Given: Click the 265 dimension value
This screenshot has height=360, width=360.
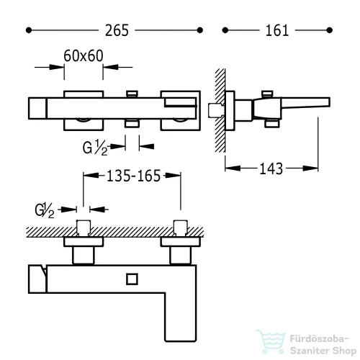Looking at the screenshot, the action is click(x=117, y=30).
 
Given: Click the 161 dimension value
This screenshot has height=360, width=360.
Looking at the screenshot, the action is click(x=277, y=30).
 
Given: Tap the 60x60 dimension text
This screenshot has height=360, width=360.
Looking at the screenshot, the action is click(x=84, y=55).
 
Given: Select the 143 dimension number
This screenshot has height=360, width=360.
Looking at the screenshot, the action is click(x=271, y=168).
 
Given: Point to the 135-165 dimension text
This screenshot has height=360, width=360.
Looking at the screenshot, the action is click(x=133, y=176).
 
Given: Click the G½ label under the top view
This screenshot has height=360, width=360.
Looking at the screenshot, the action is click(x=95, y=147).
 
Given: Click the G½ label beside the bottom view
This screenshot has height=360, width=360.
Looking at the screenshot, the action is click(x=45, y=210).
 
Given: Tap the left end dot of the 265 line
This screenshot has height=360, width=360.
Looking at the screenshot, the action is click(x=29, y=30).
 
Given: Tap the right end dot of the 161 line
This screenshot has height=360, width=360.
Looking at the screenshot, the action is click(x=330, y=30).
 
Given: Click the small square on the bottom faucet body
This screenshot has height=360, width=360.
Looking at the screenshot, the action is click(x=132, y=279).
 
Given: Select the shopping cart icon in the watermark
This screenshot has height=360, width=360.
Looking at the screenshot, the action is click(x=271, y=341).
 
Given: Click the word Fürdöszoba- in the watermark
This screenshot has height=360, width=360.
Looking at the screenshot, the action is click(x=319, y=339).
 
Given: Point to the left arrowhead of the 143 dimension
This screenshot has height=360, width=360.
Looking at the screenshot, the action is click(x=233, y=168).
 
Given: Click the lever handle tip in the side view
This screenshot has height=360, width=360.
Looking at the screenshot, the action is click(x=329, y=102).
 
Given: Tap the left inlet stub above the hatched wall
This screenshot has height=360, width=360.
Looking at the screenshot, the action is click(x=84, y=227).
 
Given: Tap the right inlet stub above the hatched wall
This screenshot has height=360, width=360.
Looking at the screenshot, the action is click(x=181, y=227).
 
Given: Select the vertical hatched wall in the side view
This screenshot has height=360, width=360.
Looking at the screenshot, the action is click(x=220, y=110).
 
